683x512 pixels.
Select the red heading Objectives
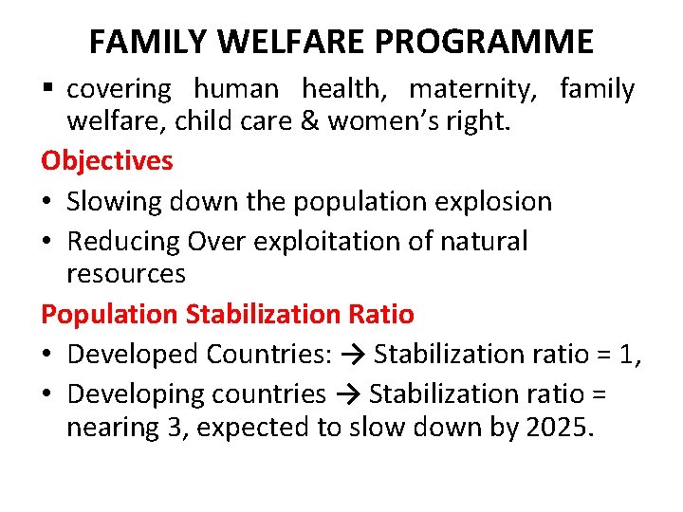pos(107,160)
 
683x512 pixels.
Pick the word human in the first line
pos(236,89)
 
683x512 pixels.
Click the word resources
pos(126,274)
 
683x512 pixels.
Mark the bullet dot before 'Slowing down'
pos(47,202)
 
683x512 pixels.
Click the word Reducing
pos(123,241)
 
